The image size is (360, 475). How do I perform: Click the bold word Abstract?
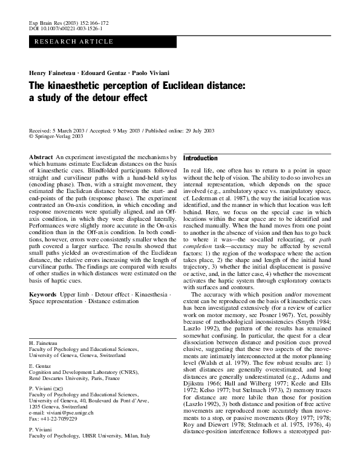coord(41,157)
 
